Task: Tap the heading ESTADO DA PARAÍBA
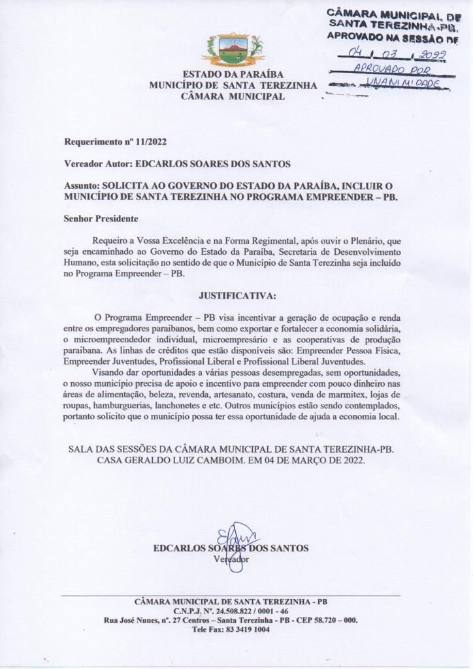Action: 233,74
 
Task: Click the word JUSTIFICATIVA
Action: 233,295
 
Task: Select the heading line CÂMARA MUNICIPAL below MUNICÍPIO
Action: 233,96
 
